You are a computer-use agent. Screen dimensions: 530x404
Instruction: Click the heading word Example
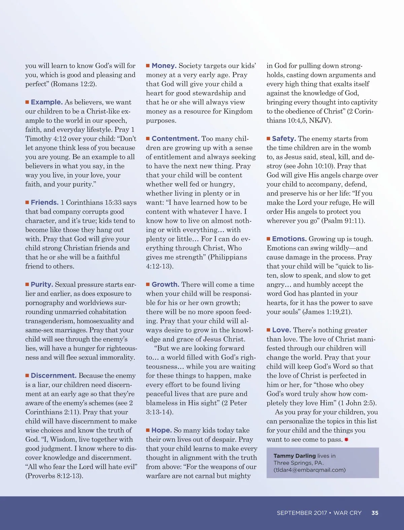click(x=47, y=102)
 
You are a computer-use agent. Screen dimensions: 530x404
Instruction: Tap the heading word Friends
click(x=45, y=202)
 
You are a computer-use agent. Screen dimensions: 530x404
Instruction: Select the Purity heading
click(x=42, y=284)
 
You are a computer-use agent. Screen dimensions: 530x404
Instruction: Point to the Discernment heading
click(x=54, y=376)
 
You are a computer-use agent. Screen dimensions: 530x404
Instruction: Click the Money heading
click(x=164, y=66)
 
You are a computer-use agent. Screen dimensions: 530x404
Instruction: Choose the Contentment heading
click(x=175, y=139)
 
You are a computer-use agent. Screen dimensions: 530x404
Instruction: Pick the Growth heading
click(x=165, y=284)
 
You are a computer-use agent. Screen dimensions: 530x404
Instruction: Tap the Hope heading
click(x=162, y=430)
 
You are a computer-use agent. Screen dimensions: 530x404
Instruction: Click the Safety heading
click(x=284, y=139)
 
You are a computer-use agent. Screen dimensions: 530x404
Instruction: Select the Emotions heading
click(x=289, y=239)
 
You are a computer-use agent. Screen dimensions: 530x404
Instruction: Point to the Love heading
click(x=281, y=330)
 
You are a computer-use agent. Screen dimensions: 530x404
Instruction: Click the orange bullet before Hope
click(x=148, y=430)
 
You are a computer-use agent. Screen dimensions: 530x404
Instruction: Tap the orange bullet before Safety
click(x=268, y=139)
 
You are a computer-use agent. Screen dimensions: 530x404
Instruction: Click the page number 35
click(x=375, y=513)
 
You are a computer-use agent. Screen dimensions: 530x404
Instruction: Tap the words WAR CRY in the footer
click(x=347, y=513)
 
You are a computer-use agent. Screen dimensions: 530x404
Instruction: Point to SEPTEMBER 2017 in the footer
click(x=302, y=513)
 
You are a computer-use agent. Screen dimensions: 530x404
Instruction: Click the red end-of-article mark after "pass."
click(x=346, y=439)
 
